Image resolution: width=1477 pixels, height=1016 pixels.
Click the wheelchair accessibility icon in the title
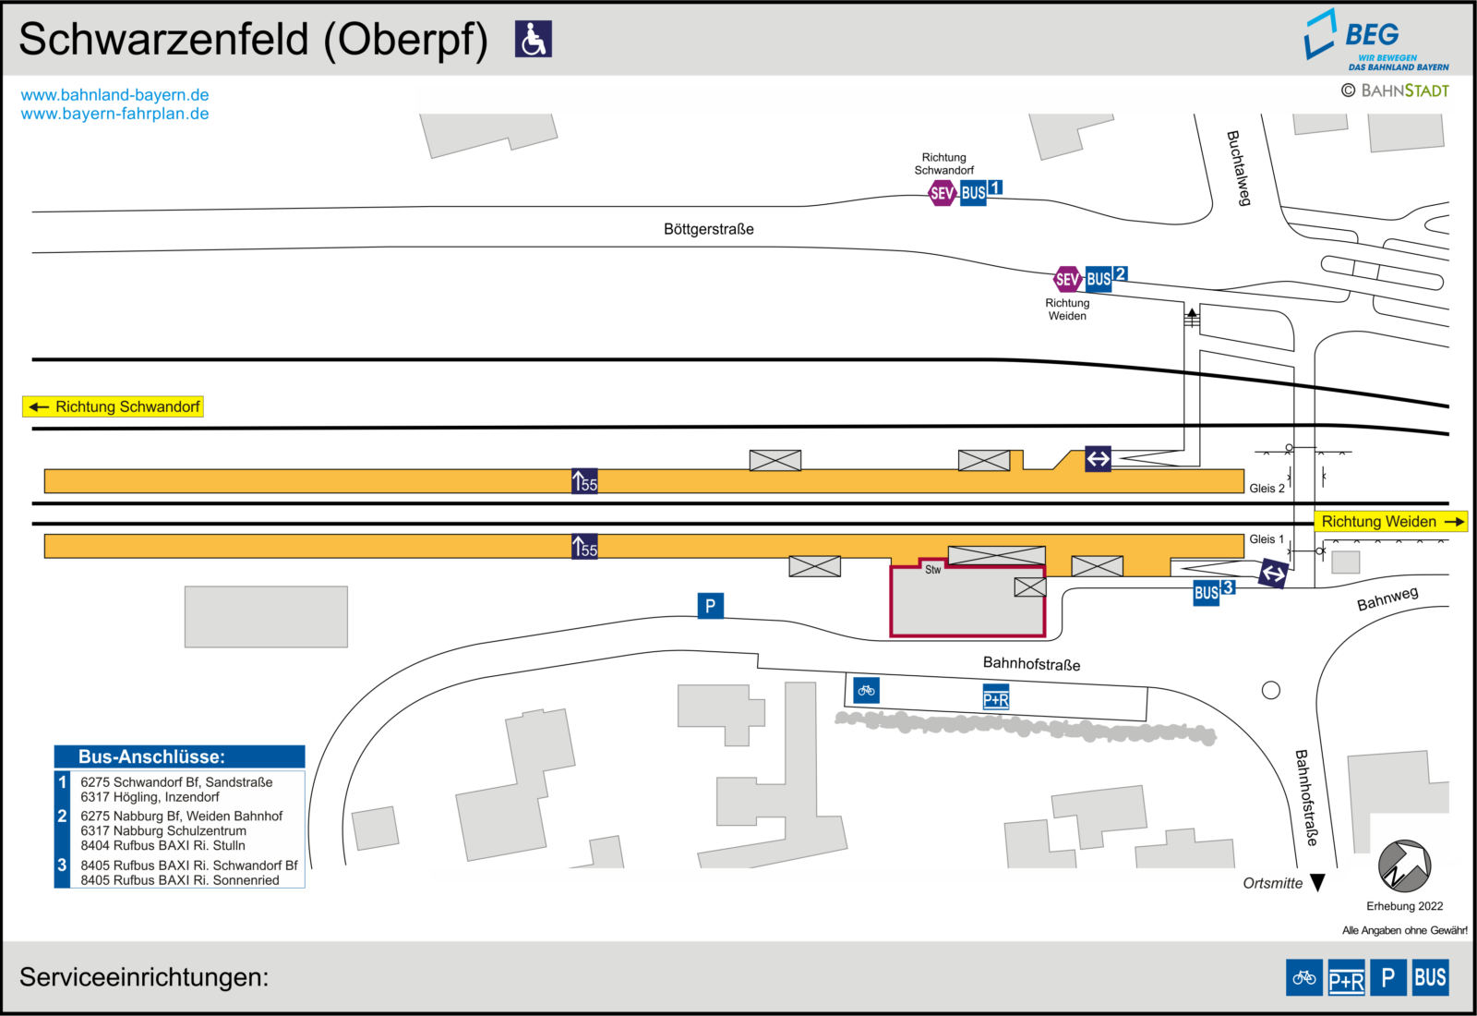[533, 39]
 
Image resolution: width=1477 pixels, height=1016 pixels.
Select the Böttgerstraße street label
[708, 229]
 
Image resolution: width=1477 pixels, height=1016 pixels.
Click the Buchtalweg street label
[1238, 168]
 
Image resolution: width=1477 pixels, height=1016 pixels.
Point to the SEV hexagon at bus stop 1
[942, 193]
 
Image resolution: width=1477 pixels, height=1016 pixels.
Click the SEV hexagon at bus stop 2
[1067, 279]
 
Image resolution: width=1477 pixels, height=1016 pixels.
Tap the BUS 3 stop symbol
[1213, 591]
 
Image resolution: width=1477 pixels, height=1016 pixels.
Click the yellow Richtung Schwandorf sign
[113, 406]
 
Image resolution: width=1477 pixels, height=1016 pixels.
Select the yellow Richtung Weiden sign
[1391, 521]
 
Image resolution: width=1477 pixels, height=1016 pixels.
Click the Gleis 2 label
[1267, 489]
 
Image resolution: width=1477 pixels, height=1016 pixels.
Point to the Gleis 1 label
[1267, 539]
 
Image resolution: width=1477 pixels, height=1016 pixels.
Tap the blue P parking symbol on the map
[710, 605]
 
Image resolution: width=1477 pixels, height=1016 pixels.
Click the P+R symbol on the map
[996, 697]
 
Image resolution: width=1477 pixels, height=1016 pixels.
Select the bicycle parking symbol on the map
[866, 690]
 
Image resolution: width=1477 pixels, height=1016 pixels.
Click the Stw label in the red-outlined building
[932, 569]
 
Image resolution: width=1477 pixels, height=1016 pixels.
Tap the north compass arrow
[1404, 865]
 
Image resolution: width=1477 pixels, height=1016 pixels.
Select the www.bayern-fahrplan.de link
[114, 114]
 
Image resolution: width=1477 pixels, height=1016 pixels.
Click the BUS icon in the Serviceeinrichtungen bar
[1430, 977]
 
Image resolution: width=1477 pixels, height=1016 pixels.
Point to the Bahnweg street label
[1387, 598]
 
